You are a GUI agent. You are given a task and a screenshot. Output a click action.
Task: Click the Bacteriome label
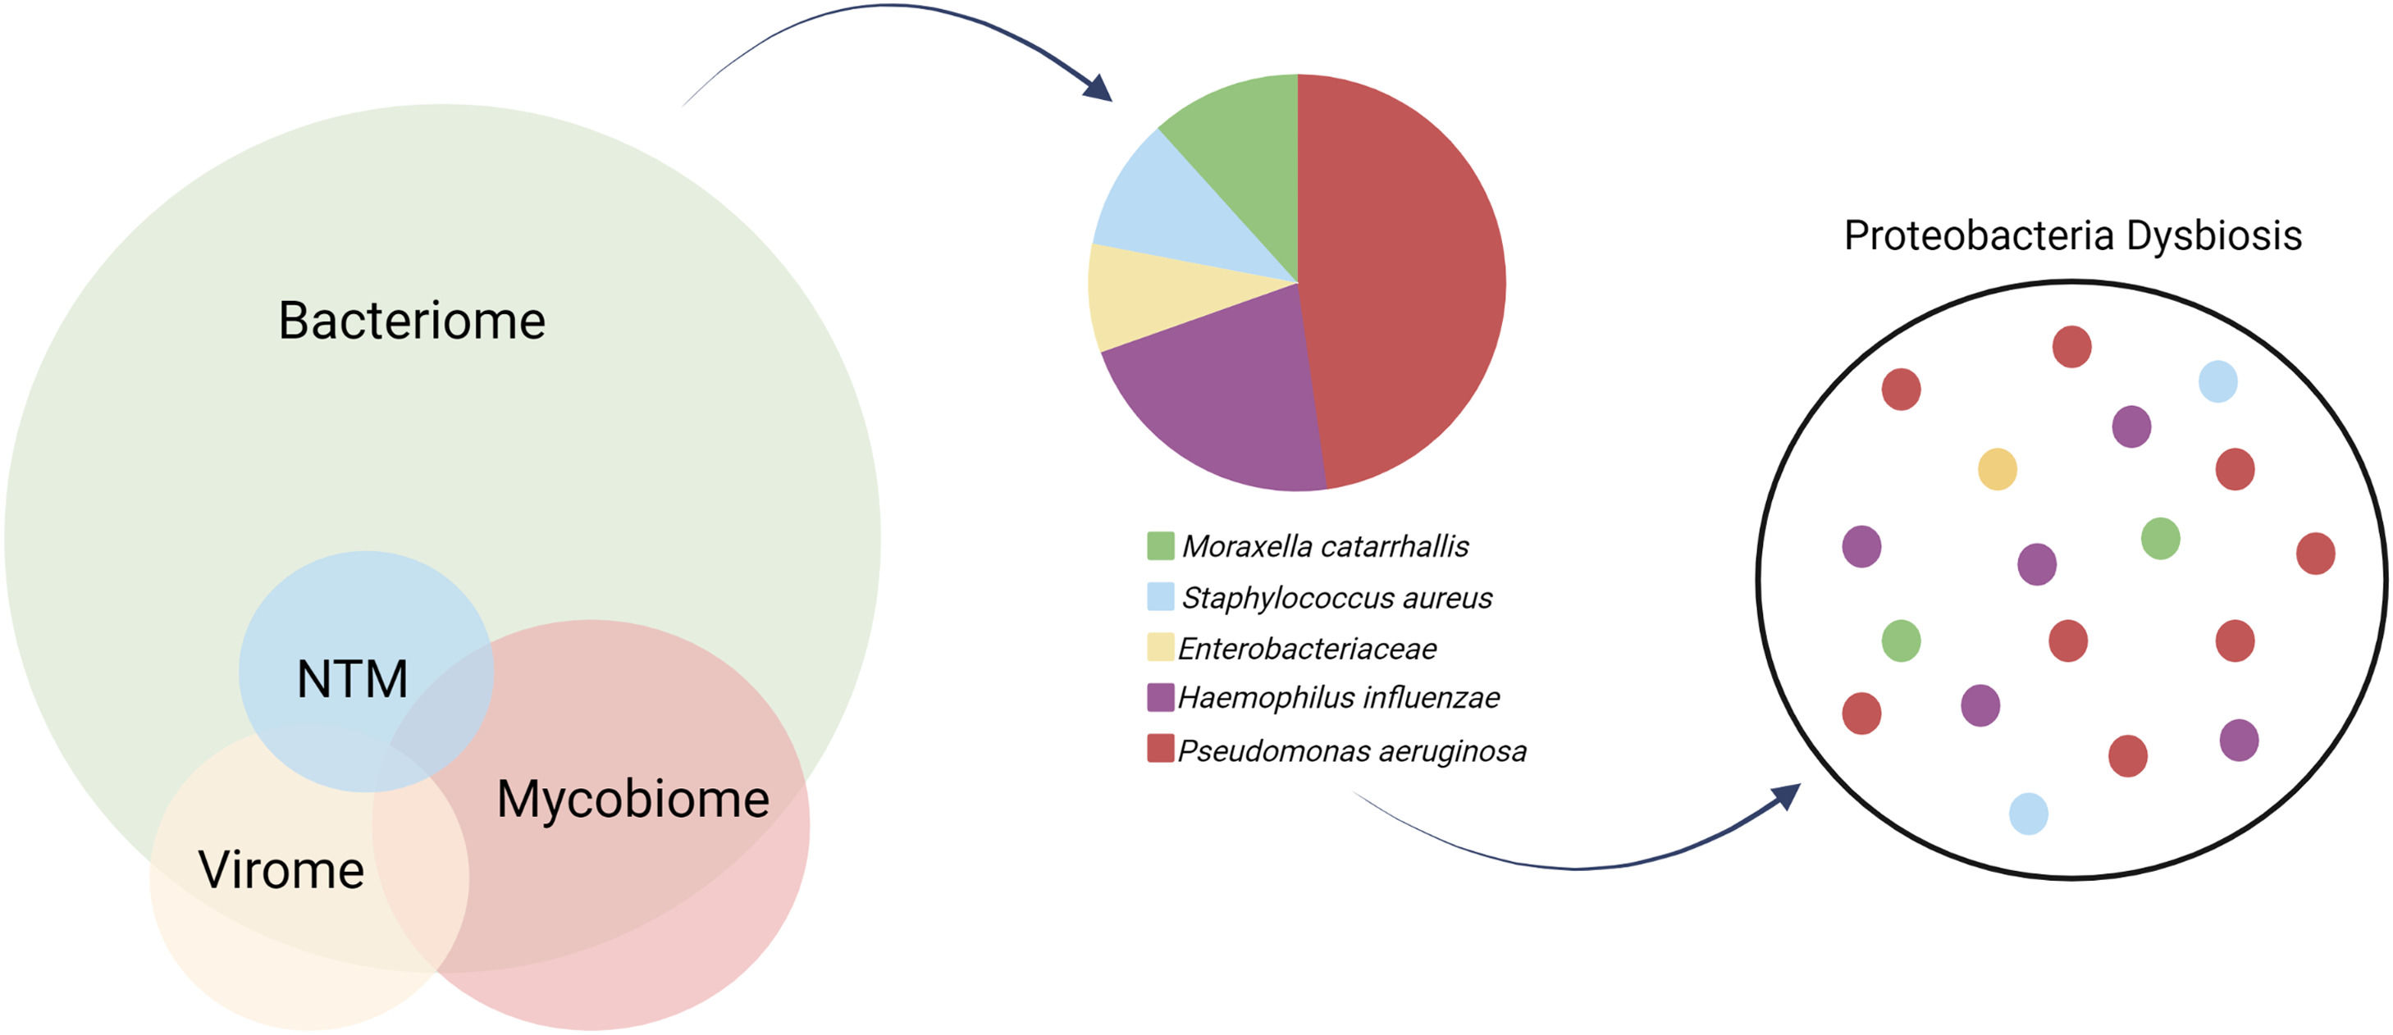(412, 321)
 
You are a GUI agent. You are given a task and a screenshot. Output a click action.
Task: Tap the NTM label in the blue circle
(352, 679)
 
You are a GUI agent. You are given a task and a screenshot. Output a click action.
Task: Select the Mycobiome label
(633, 799)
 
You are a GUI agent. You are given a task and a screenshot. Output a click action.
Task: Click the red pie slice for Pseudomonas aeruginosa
(1403, 279)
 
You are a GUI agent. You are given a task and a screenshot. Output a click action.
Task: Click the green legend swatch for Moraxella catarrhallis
(1160, 546)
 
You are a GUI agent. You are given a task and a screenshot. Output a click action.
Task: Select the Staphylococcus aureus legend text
(1336, 597)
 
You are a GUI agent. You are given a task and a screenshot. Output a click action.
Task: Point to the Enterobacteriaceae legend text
(1306, 649)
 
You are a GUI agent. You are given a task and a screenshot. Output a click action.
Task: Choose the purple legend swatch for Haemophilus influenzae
(1160, 698)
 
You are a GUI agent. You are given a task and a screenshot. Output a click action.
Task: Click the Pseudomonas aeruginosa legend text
(1352, 750)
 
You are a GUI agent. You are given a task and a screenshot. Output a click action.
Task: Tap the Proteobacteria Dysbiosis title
(2072, 236)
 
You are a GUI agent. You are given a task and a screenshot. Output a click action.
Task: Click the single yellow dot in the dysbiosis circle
(1998, 469)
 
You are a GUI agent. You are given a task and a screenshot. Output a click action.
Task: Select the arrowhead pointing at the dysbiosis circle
(1785, 796)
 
